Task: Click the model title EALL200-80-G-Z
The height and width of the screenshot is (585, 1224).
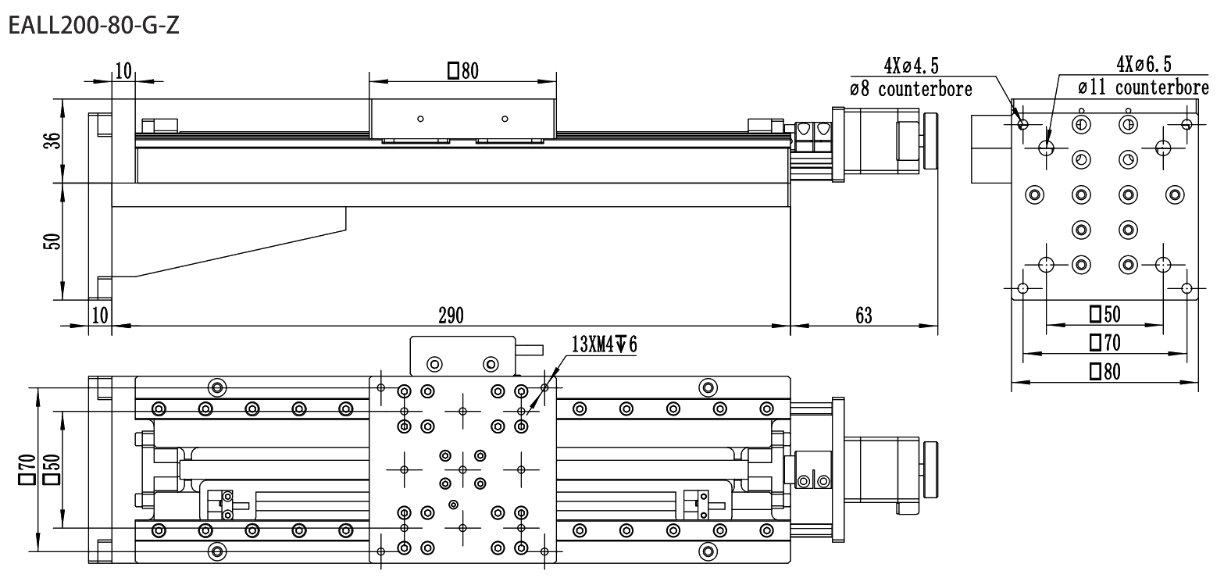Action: (x=94, y=26)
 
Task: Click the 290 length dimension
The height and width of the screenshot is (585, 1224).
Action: (x=451, y=316)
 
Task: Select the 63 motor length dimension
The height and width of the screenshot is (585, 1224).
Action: (x=863, y=316)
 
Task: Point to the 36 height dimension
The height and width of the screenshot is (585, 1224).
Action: (x=53, y=141)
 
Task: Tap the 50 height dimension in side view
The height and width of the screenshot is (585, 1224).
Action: (x=52, y=241)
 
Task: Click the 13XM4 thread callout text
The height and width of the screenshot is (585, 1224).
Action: (x=604, y=344)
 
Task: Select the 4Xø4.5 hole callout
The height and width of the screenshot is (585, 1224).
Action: (x=911, y=66)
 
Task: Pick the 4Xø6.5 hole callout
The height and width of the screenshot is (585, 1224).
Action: (x=1144, y=65)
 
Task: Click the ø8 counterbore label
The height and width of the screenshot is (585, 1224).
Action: (x=911, y=88)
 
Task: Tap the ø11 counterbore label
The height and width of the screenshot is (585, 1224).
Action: (x=1144, y=87)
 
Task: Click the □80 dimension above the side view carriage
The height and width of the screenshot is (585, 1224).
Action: (x=463, y=71)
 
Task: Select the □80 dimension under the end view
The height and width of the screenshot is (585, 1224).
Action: (x=1104, y=372)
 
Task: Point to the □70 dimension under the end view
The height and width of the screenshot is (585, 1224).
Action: (x=1104, y=342)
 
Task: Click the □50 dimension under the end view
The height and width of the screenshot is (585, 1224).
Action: (x=1104, y=314)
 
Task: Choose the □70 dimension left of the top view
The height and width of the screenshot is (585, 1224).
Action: (x=27, y=469)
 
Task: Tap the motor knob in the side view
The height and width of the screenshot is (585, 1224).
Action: (x=930, y=141)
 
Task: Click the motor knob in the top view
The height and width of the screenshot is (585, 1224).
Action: (x=930, y=469)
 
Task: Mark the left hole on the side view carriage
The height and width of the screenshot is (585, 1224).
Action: (x=420, y=119)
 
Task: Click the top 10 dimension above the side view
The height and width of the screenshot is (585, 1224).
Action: (x=123, y=71)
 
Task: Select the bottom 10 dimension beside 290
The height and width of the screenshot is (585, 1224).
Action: (x=100, y=316)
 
